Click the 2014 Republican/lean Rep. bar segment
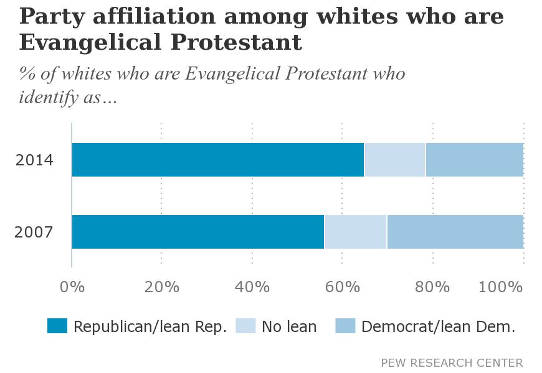click(217, 160)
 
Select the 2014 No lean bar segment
click(395, 160)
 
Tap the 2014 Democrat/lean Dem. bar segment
click(474, 160)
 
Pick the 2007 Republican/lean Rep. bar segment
click(198, 232)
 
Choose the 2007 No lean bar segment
click(356, 232)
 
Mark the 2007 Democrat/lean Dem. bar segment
click(455, 232)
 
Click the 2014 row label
click(34, 160)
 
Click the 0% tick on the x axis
click(72, 287)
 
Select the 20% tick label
click(162, 287)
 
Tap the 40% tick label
click(252, 287)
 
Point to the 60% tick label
click(343, 287)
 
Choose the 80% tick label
click(432, 287)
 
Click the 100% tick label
click(501, 287)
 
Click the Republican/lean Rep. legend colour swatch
click(57, 326)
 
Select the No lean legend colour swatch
click(245, 326)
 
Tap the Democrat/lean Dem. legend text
click(438, 326)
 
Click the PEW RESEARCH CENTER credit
click(452, 362)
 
